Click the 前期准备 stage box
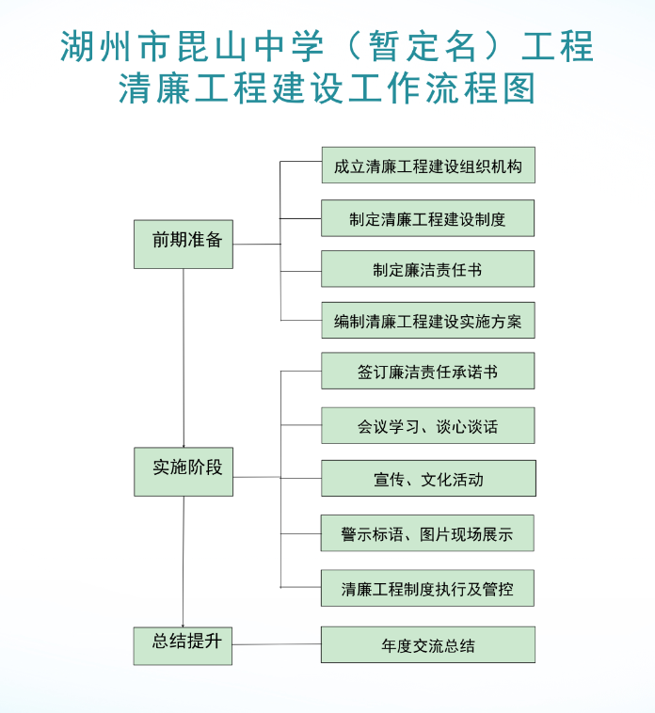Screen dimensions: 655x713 point(184,245)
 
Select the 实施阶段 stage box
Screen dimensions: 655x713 point(184,471)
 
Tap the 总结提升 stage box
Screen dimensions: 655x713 point(183,645)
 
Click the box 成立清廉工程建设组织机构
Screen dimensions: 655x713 point(428,165)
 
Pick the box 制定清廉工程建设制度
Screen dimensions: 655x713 point(428,218)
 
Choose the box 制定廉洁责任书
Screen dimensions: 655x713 point(428,269)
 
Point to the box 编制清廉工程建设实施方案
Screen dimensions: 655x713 point(428,320)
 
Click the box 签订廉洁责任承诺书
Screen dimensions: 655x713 point(428,371)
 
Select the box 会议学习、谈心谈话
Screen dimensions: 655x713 point(428,425)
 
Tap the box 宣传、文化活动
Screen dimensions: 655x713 point(428,478)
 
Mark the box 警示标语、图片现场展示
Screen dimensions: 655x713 point(427,533)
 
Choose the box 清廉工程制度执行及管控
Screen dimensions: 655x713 point(427,588)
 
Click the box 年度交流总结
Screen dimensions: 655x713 point(428,644)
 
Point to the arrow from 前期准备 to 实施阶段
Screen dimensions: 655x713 point(184,357)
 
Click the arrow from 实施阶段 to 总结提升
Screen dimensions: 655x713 point(184,562)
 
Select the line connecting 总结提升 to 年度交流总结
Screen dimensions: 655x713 point(277,644)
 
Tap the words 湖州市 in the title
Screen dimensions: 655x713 point(115,46)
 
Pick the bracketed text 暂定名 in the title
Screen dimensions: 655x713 point(423,46)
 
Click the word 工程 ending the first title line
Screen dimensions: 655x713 point(558,46)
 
